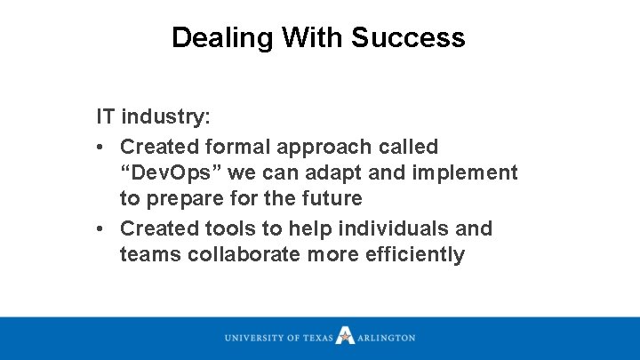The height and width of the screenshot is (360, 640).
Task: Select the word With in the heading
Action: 314,37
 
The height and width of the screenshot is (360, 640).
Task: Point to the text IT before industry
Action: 106,116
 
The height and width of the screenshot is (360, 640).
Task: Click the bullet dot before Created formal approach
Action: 103,146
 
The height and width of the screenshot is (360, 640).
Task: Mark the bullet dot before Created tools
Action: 103,228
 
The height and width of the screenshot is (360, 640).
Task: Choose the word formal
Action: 236,146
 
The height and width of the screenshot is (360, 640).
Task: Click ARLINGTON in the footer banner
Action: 387,338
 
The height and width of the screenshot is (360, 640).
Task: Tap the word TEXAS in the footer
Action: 317,338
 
